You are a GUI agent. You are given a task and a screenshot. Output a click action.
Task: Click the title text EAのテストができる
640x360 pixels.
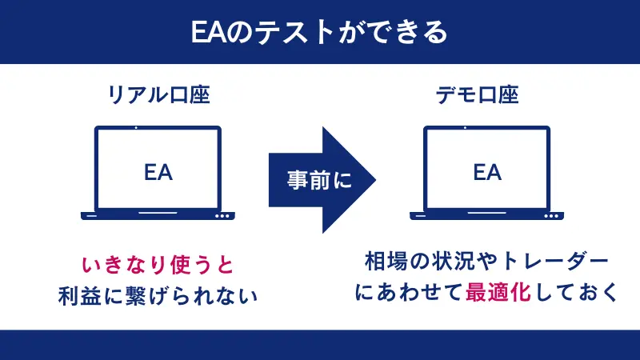(319, 32)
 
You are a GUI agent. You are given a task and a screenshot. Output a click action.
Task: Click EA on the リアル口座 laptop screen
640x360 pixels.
(158, 171)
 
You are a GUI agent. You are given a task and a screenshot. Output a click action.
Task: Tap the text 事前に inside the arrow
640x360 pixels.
(318, 180)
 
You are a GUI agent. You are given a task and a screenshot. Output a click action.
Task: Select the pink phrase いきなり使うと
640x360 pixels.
(158, 263)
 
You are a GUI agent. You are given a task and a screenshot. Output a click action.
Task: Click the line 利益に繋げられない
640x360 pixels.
(158, 295)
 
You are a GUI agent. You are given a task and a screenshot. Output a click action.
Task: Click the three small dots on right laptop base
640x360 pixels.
(550, 215)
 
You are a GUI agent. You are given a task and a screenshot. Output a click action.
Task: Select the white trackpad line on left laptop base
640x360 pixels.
(158, 215)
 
